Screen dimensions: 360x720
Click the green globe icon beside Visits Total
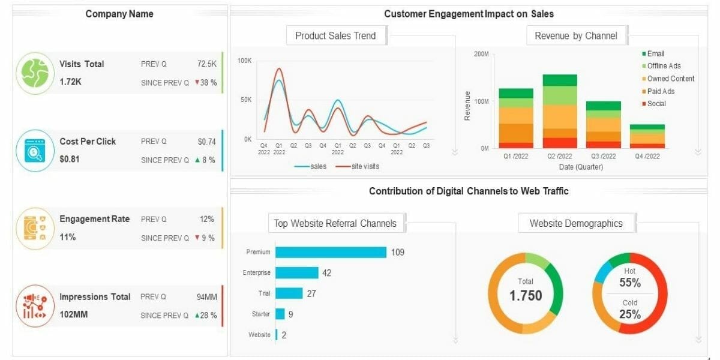[x=35, y=73]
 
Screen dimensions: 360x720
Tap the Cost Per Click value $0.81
[x=70, y=159]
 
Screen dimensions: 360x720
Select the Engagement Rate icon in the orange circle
[x=35, y=229]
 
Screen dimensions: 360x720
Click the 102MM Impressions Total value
[x=73, y=314]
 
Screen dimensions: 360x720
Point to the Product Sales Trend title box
[x=335, y=35]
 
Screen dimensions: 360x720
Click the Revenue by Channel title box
[x=575, y=35]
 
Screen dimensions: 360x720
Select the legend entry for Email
[x=655, y=53]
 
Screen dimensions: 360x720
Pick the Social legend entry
[x=656, y=104]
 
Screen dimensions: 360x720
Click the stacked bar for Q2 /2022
[x=559, y=111]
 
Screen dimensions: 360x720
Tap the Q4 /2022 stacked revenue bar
[x=647, y=136]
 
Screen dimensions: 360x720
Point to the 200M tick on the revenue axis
[x=481, y=54]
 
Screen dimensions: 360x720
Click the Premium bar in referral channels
[x=331, y=252]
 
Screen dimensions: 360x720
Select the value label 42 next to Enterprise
[x=326, y=273]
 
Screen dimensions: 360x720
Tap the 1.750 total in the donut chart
[x=526, y=295]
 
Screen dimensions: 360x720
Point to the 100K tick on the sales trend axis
[x=244, y=61]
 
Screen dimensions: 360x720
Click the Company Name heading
[x=119, y=14]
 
